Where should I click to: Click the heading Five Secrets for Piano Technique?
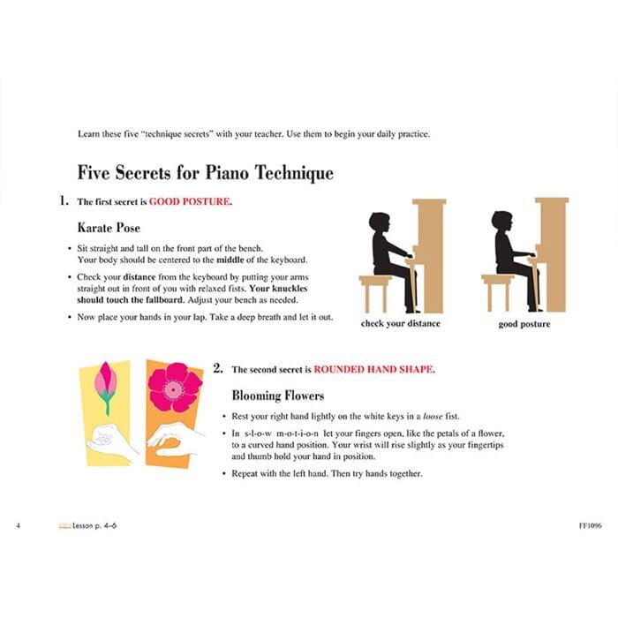click(x=205, y=172)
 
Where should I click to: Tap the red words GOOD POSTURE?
click(x=190, y=202)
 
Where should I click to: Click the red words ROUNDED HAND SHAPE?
click(x=374, y=369)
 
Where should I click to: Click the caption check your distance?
click(x=400, y=324)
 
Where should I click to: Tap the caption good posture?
click(x=524, y=324)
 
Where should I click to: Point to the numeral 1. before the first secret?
click(x=64, y=201)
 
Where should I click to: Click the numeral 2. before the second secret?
click(x=218, y=369)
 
